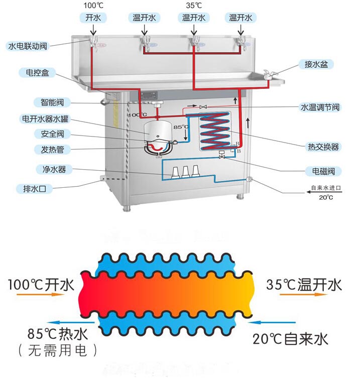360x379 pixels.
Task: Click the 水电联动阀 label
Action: click(28, 46)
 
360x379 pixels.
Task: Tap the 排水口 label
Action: click(35, 189)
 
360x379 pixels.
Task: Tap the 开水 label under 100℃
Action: click(93, 18)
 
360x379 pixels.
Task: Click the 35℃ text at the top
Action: click(194, 6)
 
